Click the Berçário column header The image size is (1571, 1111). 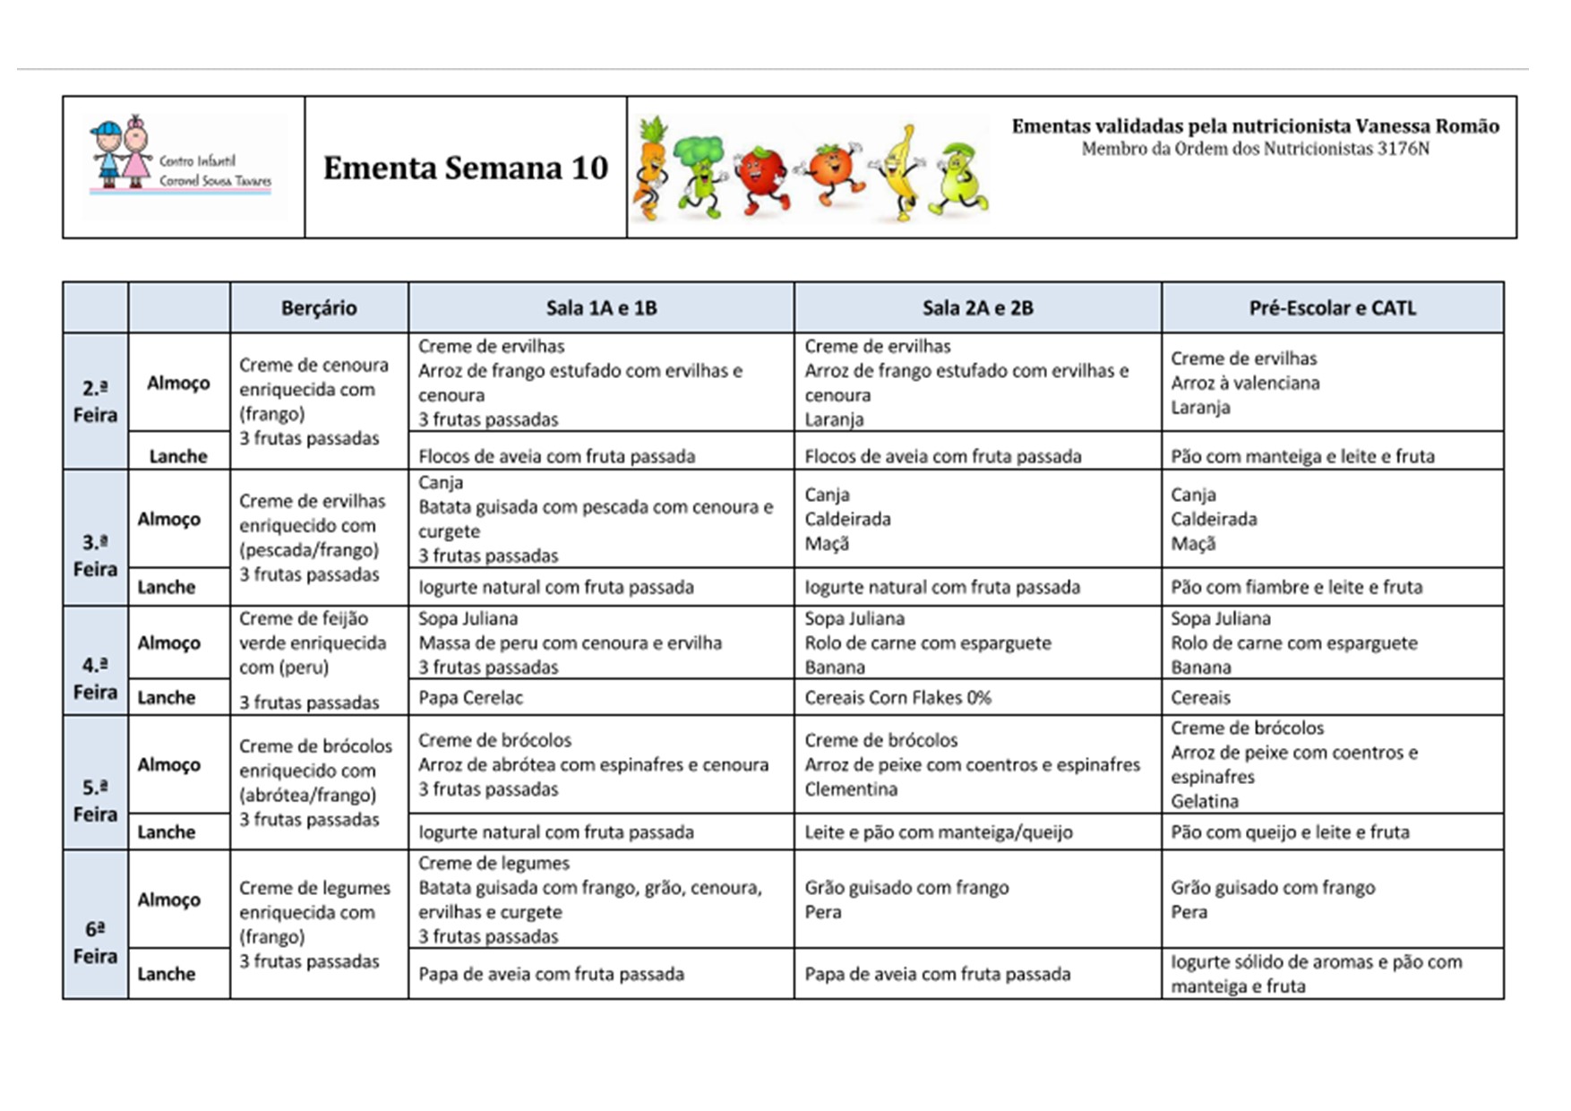pos(319,308)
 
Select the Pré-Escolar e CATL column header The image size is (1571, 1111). pos(1332,308)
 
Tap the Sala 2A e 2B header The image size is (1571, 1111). pos(977,308)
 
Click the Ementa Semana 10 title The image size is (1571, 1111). pos(465,168)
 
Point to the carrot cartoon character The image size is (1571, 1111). pos(650,168)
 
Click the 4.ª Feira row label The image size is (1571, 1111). pos(95,678)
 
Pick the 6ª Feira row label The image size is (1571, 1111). pos(95,943)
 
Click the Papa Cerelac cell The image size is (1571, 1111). pos(470,697)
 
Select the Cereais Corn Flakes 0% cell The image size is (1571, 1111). pos(897,697)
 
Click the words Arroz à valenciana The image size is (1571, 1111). pos(1245,383)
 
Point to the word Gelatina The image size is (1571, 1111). pos(1205,801)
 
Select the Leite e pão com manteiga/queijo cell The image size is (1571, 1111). pos(938,831)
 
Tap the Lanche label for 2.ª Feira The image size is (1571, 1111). pos(178,456)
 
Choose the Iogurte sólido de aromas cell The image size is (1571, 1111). pos(1316,973)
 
